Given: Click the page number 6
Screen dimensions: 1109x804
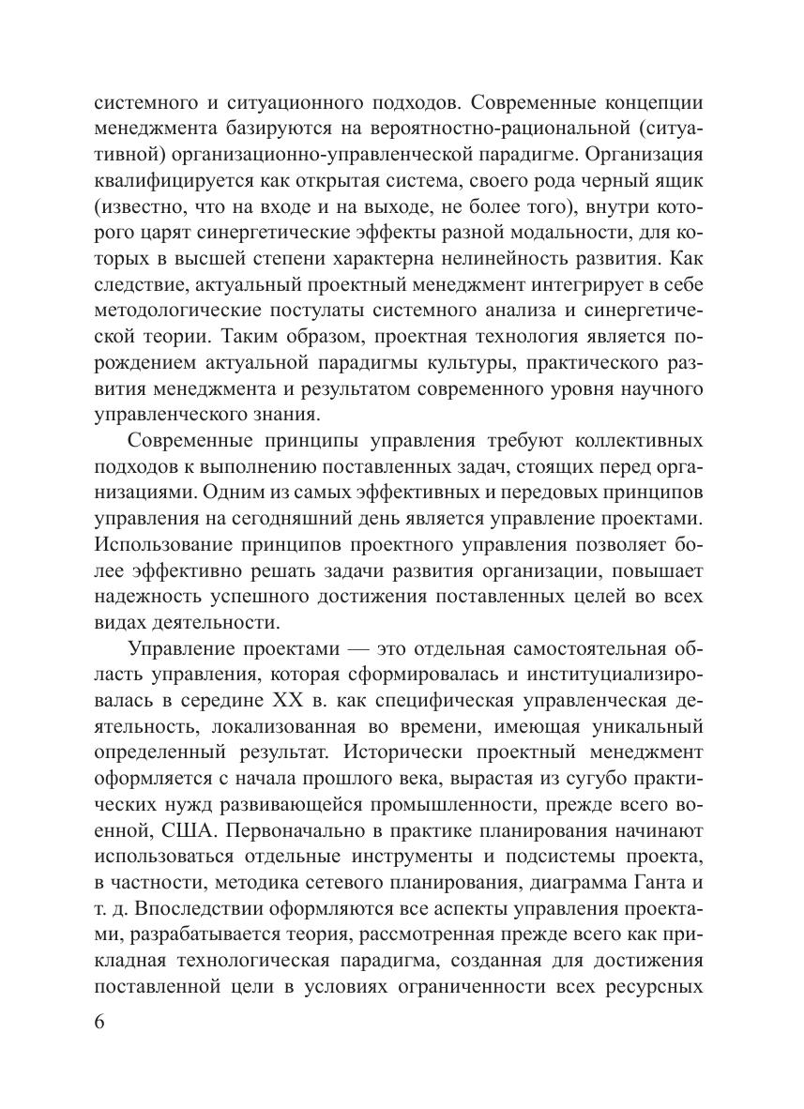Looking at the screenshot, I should click(100, 1023).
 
